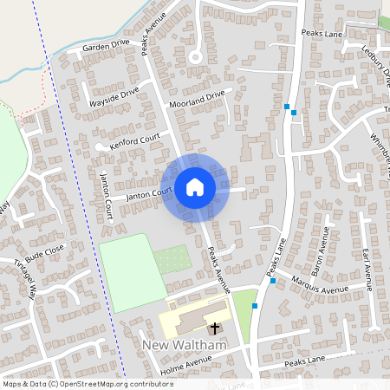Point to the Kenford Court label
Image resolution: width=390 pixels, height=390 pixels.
point(136,142)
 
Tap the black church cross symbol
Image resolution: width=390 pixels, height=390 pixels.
point(214,328)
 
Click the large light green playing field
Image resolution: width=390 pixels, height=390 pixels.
point(130,270)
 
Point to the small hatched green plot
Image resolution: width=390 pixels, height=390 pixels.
point(172,259)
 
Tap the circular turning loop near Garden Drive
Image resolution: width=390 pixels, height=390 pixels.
point(195,56)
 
